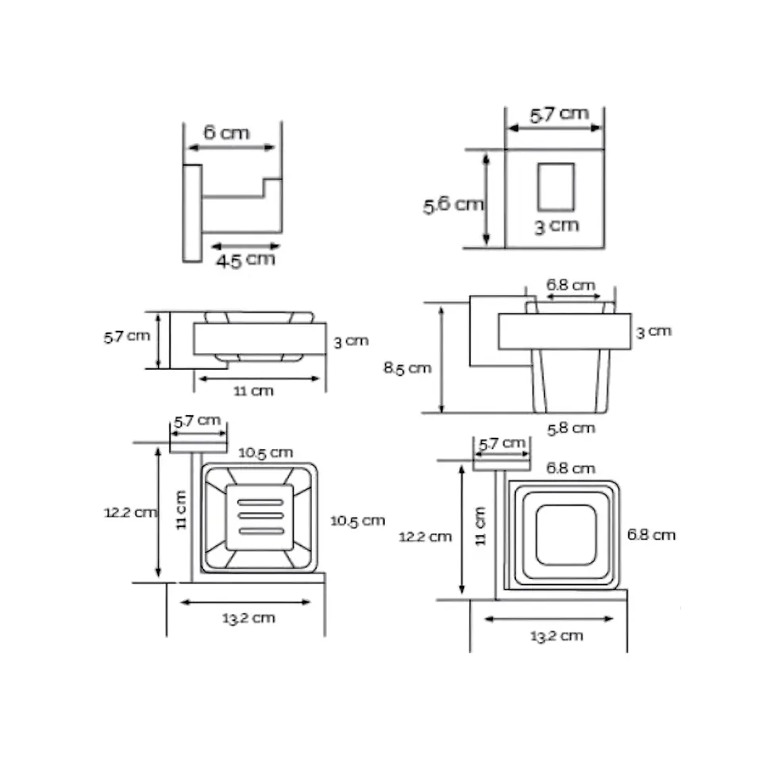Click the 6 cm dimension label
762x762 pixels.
point(226,133)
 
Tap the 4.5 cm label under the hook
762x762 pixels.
point(246,260)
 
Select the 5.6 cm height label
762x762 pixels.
point(453,205)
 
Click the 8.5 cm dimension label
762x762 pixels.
point(407,368)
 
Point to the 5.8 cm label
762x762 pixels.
point(571,429)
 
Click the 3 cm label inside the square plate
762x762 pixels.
point(557,226)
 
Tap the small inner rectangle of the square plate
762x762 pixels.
point(556,187)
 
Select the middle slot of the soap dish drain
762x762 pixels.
point(260,516)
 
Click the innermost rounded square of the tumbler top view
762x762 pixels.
point(566,535)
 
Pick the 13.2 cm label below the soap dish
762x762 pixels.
point(248,618)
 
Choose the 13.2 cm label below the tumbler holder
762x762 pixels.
point(556,636)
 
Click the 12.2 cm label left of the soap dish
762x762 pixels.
point(130,513)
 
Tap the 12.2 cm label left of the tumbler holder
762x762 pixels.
point(425,537)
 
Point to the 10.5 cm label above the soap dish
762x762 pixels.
point(265,453)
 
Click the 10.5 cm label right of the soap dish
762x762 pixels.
point(358,521)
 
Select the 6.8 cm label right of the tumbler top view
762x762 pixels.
point(651,534)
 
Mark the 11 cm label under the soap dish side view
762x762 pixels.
point(254,391)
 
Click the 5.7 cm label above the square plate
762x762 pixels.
point(560,114)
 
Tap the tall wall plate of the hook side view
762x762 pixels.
point(192,214)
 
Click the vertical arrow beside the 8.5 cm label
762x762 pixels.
point(441,360)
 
